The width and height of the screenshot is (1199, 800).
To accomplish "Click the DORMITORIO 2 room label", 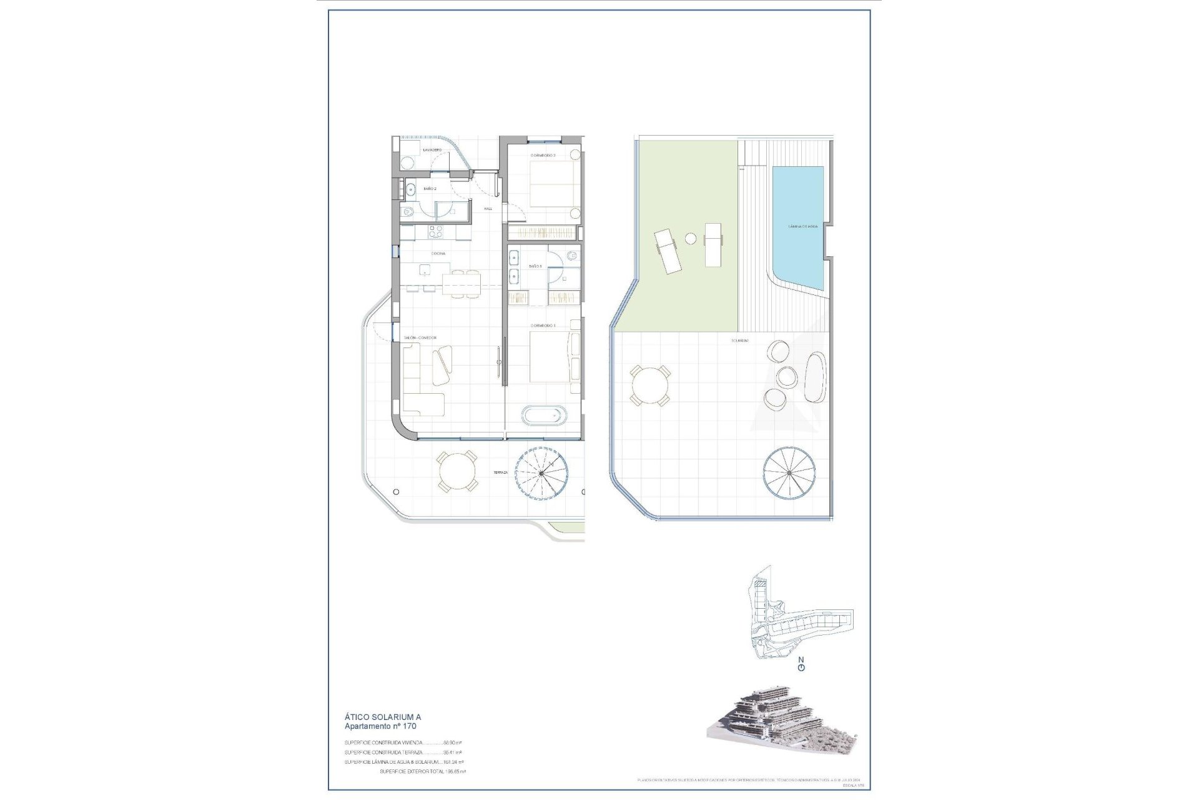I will [543, 155].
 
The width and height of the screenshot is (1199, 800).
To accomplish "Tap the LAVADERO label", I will [432, 151].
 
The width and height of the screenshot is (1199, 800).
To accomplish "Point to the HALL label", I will [488, 209].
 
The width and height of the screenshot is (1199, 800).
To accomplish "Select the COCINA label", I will [438, 254].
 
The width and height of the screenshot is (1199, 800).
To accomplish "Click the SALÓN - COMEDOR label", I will [420, 338].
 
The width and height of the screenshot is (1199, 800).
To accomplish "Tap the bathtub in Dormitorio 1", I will [545, 414].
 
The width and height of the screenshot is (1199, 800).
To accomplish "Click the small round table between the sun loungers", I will [691, 238].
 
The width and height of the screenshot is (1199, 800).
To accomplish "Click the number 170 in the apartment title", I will [408, 727].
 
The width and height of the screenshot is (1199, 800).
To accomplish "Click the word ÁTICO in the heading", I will [356, 717].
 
